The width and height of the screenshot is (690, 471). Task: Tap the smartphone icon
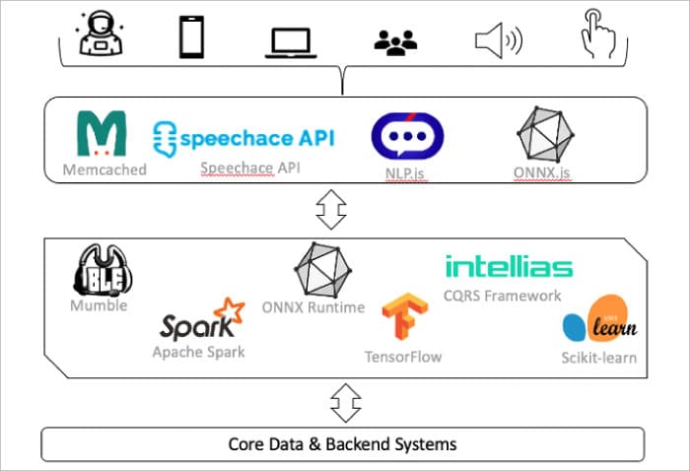coord(191,35)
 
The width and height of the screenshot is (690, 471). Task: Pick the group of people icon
coord(396,40)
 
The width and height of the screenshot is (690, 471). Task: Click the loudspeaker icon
coord(498,40)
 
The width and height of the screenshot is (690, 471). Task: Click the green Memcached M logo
coord(102,135)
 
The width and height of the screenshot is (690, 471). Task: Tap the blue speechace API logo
coord(243,135)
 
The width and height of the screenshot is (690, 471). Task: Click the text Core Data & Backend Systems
coord(343,443)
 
